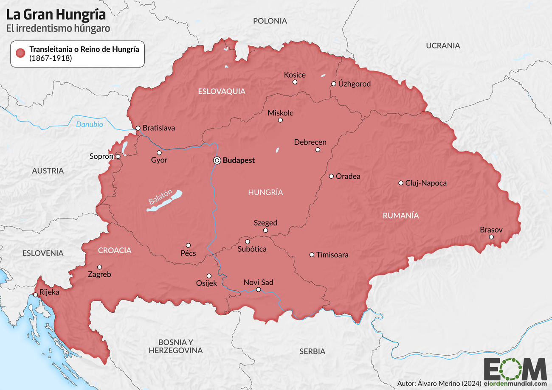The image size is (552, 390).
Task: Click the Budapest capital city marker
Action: (217, 160)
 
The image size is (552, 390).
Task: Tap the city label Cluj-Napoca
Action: (426, 183)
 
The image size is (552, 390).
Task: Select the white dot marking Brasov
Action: (491, 237)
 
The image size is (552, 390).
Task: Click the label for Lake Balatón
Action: (161, 197)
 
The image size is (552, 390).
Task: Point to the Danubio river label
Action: (89, 125)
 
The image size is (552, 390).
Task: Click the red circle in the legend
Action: (20, 53)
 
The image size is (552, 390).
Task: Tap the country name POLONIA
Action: (270, 21)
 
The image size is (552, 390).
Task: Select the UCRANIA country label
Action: (443, 45)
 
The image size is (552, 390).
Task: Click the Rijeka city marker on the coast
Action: (35, 295)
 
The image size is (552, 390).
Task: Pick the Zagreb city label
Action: (99, 275)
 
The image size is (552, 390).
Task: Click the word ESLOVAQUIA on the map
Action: (221, 91)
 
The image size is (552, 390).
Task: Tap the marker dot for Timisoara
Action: (312, 255)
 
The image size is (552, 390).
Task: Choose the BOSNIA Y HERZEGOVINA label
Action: (175, 346)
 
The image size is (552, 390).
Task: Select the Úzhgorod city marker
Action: (334, 84)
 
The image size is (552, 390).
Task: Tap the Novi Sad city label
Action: (258, 282)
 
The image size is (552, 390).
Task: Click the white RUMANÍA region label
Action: (400, 216)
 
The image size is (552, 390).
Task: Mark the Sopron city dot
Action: (118, 156)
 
